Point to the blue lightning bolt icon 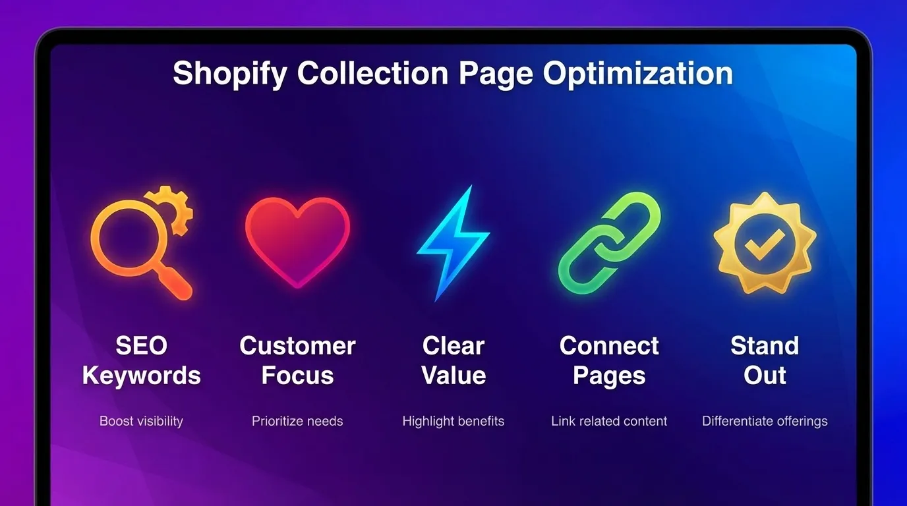point(452,242)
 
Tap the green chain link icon point(609,242)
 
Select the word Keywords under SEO point(141,376)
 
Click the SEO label point(141,346)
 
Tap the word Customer point(297,346)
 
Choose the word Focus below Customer point(297,376)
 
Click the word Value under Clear point(453,376)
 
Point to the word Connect point(609,346)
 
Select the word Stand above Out point(765,346)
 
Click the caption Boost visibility point(141,421)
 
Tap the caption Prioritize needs point(297,421)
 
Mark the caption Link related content point(609,421)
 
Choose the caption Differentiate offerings point(765,421)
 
